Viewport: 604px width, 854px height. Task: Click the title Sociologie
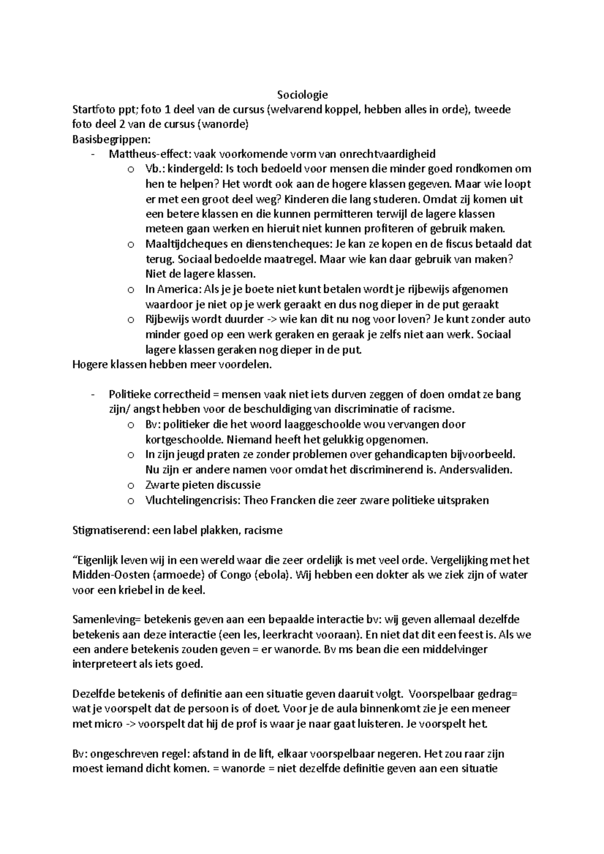click(302, 94)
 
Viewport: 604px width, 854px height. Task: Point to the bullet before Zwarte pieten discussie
click(131, 486)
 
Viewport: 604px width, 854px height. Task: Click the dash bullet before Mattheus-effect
click(93, 154)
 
